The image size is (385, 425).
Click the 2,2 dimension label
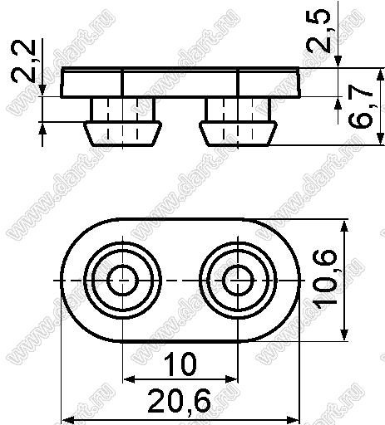click(23, 61)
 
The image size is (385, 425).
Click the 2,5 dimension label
click(318, 31)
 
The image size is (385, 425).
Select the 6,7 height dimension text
click(360, 107)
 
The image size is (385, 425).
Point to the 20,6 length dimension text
click(180, 401)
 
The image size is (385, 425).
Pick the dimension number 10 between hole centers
click(180, 364)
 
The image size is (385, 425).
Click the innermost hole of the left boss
click(122, 280)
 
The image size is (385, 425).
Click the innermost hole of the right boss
click(238, 280)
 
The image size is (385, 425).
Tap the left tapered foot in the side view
click(122, 134)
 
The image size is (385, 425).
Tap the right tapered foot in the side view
click(238, 134)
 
